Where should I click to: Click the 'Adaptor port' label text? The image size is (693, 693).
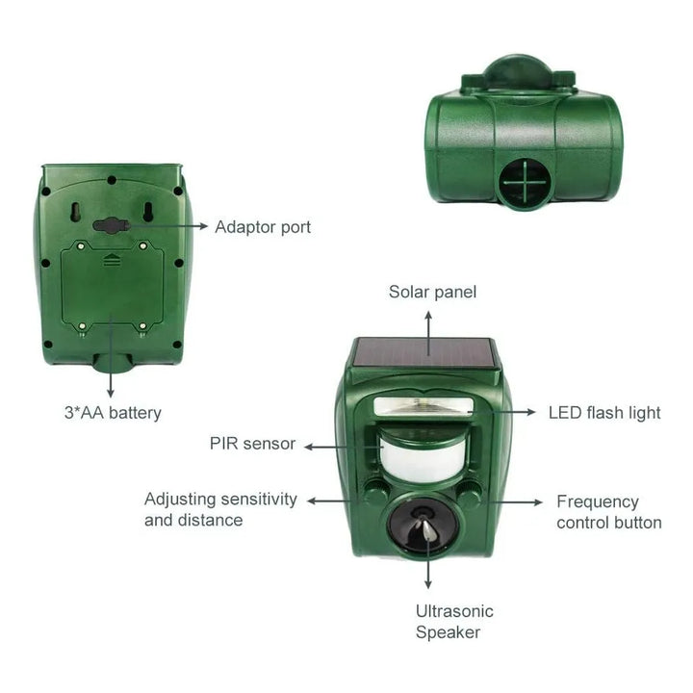coord(263,227)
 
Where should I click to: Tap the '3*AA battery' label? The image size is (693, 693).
coord(113,413)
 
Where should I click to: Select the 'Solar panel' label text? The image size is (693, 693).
coord(433,293)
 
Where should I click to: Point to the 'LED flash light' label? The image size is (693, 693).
coord(604,413)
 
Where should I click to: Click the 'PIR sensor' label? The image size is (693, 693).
coord(252,444)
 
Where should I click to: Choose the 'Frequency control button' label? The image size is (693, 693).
coord(609,512)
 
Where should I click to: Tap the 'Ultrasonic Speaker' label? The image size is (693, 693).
coord(454,622)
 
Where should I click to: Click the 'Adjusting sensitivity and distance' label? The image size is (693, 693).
coord(220,509)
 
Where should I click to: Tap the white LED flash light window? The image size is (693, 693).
coord(423,406)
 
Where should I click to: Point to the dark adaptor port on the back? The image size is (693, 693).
coord(111,225)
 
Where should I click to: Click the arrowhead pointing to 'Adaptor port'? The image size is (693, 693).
coord(203,226)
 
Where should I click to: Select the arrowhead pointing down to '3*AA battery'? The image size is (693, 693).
coord(111,393)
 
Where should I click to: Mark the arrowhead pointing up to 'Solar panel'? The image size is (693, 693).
coord(428,315)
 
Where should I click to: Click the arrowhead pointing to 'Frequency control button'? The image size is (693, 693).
coord(538,502)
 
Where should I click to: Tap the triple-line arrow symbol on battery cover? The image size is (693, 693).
coord(112,260)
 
